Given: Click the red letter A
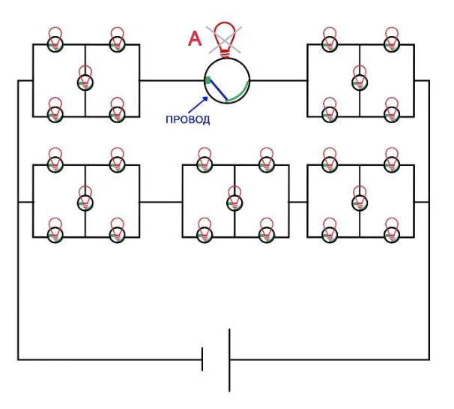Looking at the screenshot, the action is coord(195,39).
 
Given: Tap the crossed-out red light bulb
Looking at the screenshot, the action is coord(225,40).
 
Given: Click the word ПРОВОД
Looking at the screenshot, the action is coord(187,120).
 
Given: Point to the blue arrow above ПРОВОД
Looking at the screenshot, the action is coord(199,105).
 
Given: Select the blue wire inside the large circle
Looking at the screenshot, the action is coord(219,89).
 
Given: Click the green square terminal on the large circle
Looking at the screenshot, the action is coord(208,80).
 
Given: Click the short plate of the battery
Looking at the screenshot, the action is coord(202,359).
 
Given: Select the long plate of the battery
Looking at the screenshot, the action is coord(229,360).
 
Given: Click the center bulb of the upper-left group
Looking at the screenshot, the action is coord(85,80).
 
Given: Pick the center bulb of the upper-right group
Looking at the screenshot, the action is coord(360,80).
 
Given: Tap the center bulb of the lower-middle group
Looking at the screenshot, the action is coord(234,200).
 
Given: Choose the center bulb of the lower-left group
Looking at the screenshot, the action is coord(85,200).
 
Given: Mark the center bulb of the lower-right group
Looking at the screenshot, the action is coord(360,200).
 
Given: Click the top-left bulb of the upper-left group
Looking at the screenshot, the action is coord(55,41).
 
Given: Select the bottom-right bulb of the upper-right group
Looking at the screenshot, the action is coord(392,111).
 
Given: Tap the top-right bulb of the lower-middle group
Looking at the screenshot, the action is coord(267,161).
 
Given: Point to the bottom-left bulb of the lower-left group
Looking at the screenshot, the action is coord(55,231).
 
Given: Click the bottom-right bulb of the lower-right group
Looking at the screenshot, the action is coord(392,231).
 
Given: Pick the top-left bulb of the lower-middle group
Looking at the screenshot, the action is coord(205,161).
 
